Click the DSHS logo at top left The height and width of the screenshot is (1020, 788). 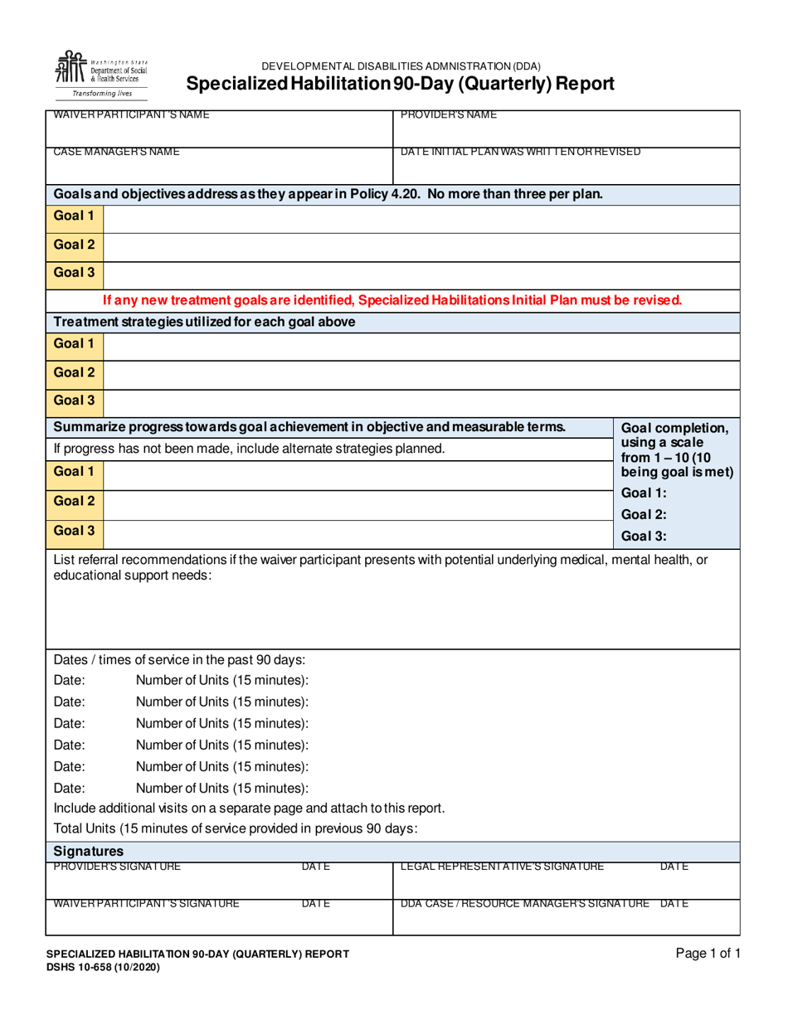click(100, 74)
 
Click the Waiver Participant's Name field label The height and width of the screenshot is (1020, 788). click(131, 114)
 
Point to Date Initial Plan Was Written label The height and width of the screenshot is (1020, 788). click(520, 152)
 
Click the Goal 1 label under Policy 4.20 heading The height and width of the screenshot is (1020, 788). click(75, 217)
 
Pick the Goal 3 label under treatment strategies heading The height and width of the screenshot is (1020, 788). click(75, 401)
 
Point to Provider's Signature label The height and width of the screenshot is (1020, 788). click(117, 867)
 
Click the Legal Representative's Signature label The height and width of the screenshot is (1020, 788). click(502, 867)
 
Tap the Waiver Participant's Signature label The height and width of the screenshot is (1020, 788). click(147, 903)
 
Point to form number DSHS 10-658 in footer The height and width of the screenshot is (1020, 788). click(102, 967)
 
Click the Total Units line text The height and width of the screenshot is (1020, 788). click(235, 828)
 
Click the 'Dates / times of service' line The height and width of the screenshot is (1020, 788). click(180, 660)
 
